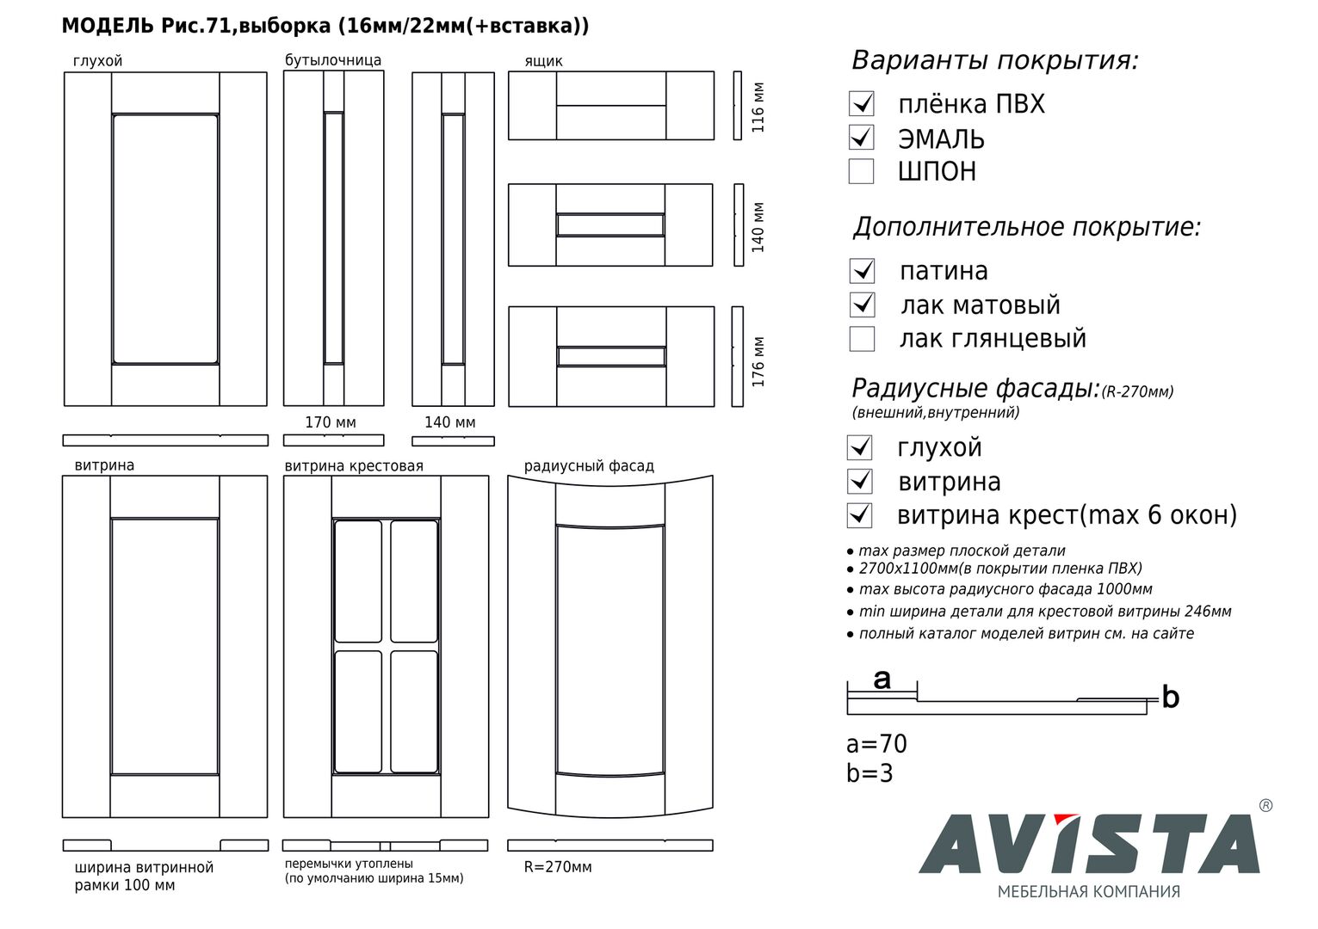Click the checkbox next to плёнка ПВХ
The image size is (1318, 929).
pyautogui.click(x=861, y=104)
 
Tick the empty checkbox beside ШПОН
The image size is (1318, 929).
pyautogui.click(x=861, y=171)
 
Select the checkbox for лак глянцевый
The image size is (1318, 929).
pyautogui.click(x=862, y=339)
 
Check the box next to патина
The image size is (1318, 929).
pyautogui.click(x=862, y=271)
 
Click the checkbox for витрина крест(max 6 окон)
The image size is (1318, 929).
pyautogui.click(x=860, y=515)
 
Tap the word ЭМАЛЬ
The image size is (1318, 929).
pyautogui.click(x=941, y=138)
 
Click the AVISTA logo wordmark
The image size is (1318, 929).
pyautogui.click(x=1089, y=844)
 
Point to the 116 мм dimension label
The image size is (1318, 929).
pyautogui.click(x=758, y=107)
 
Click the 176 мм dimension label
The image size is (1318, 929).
pyautogui.click(x=758, y=361)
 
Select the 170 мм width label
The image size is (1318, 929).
pyautogui.click(x=331, y=422)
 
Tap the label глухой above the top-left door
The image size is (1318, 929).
pyautogui.click(x=98, y=61)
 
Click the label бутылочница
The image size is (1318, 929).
pyautogui.click(x=333, y=60)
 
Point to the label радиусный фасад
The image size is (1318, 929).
pyautogui.click(x=589, y=466)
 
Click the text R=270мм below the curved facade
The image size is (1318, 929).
pyautogui.click(x=558, y=867)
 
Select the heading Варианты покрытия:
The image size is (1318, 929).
pyautogui.click(x=995, y=61)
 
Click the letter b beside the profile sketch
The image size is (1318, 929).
pyautogui.click(x=1170, y=698)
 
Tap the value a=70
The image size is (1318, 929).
pyautogui.click(x=876, y=744)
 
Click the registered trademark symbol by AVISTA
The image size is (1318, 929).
pyautogui.click(x=1265, y=806)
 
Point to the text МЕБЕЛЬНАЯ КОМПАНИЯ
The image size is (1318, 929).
pyautogui.click(x=1089, y=892)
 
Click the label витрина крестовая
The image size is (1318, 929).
pyautogui.click(x=354, y=466)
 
